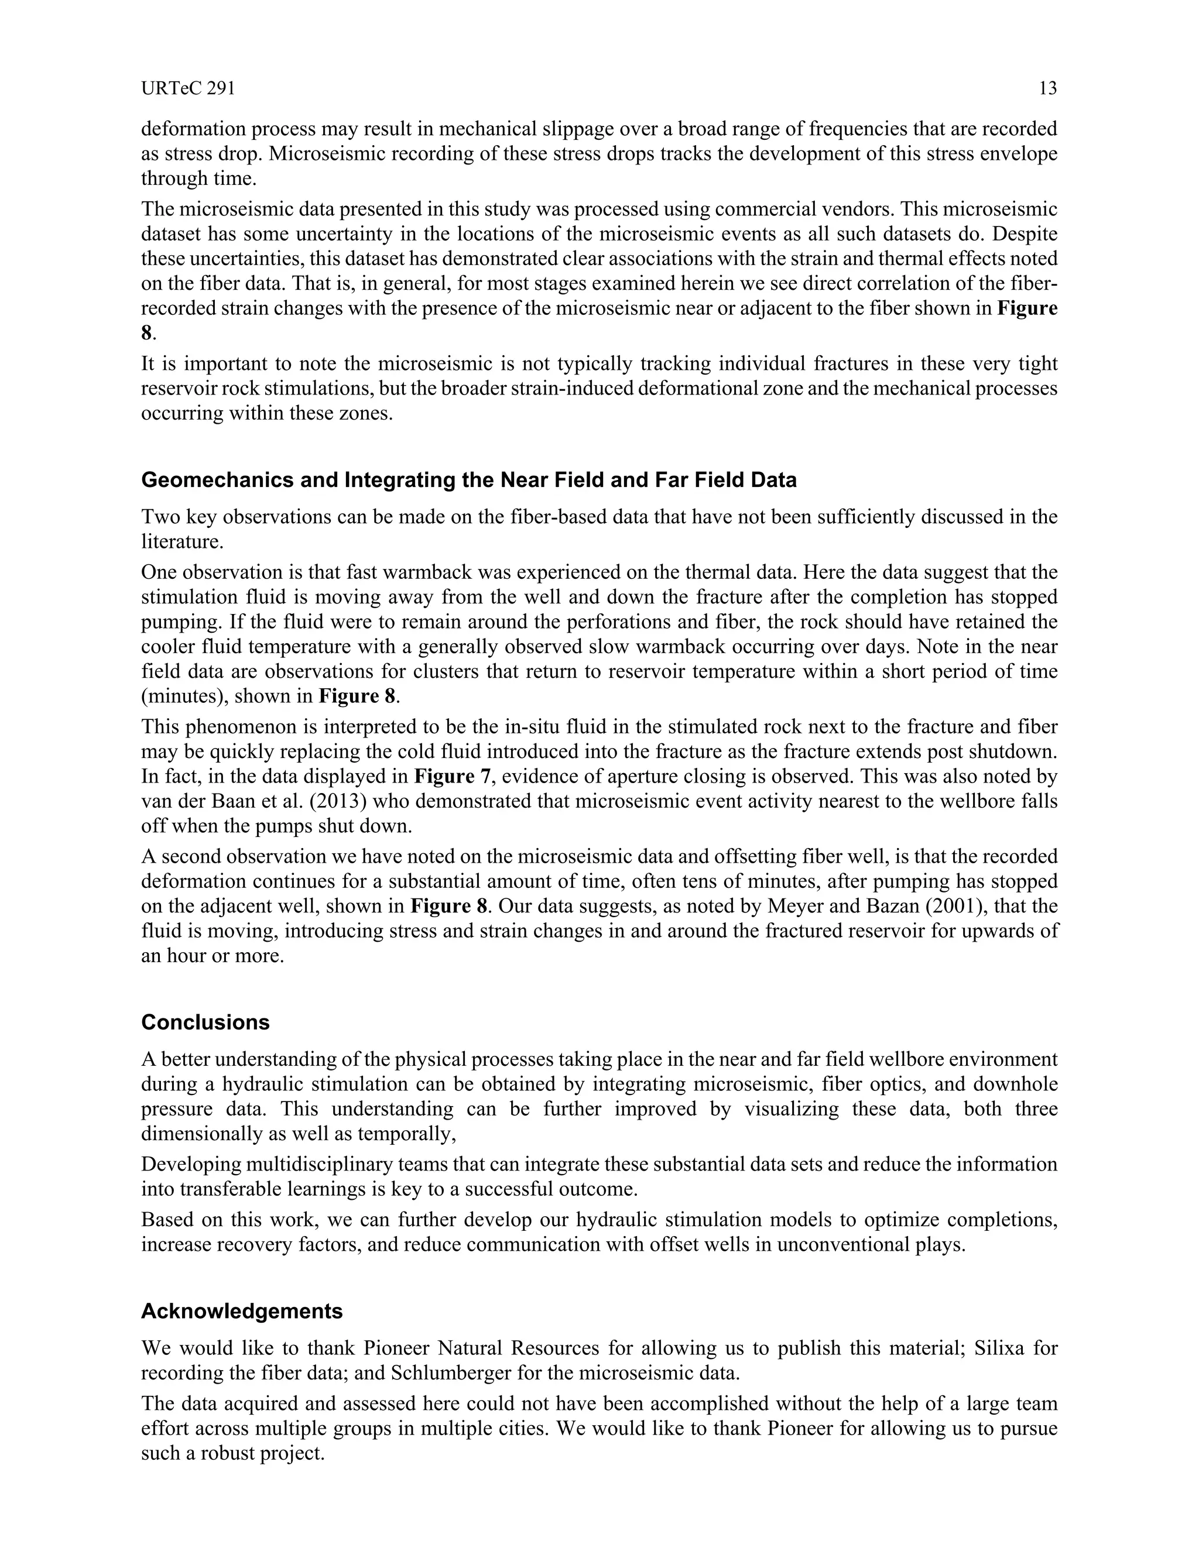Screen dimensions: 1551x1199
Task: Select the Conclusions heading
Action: [205, 1022]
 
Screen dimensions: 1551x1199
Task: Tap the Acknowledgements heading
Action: [242, 1311]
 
